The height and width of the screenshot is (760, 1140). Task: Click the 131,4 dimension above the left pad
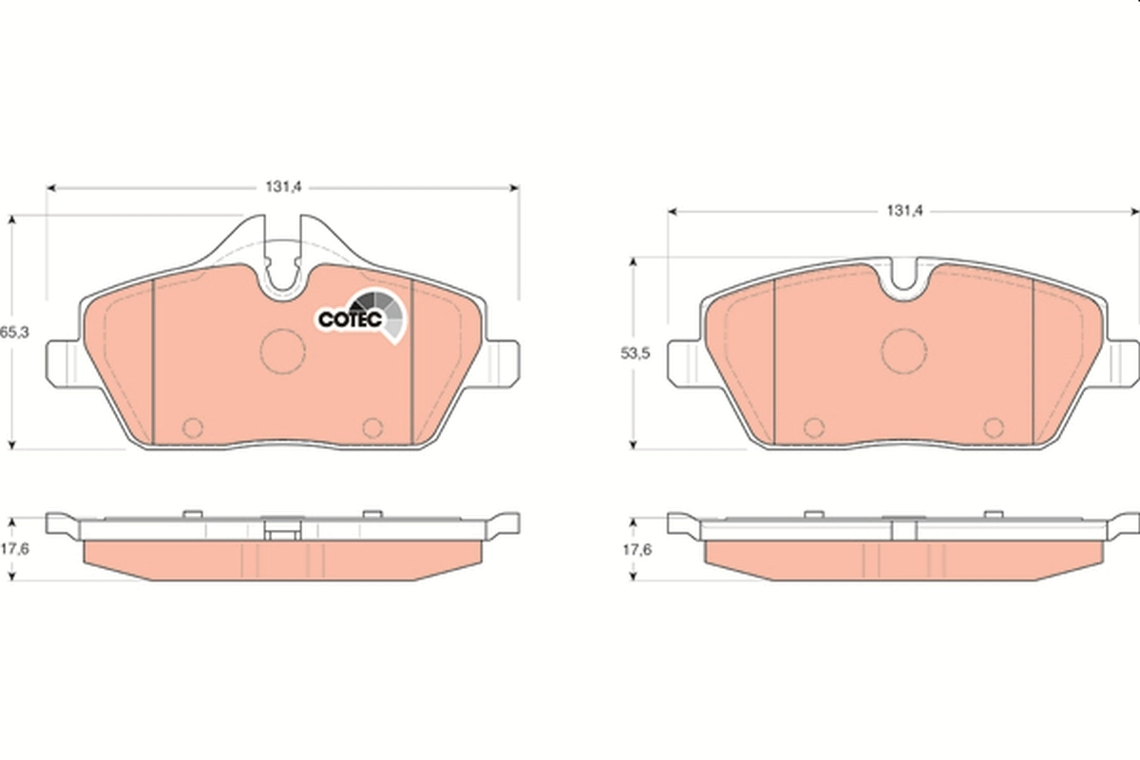coord(283,187)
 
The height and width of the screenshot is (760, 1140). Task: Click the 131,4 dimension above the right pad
coord(904,210)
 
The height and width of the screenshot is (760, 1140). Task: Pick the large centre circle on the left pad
coord(283,351)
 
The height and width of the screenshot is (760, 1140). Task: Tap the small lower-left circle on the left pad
coord(193,427)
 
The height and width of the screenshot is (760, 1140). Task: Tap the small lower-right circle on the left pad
coord(372,427)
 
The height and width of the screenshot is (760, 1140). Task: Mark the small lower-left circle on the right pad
coord(813,427)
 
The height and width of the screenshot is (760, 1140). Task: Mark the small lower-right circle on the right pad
coord(994,427)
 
